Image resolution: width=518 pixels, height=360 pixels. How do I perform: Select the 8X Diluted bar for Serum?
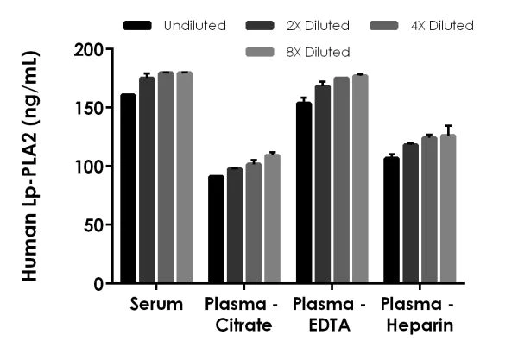point(185,177)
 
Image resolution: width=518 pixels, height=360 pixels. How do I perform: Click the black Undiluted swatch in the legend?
point(137,26)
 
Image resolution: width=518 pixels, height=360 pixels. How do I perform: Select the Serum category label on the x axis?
point(157,304)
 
